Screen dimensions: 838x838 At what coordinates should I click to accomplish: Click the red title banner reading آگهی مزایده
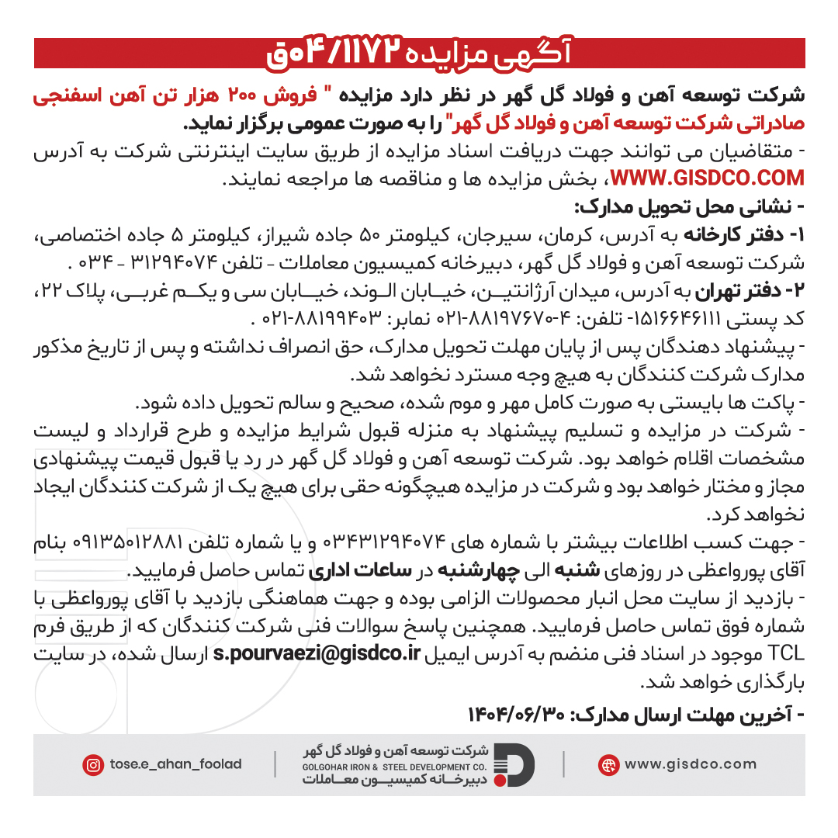click(419, 53)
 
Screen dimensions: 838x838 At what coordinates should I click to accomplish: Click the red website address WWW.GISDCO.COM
click(708, 179)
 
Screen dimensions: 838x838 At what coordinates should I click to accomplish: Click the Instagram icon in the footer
click(93, 765)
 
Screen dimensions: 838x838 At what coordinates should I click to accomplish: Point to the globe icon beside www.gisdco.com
click(608, 765)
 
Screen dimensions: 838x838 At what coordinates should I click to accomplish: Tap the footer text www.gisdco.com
click(690, 764)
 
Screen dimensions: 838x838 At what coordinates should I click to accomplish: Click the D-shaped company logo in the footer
click(514, 764)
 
